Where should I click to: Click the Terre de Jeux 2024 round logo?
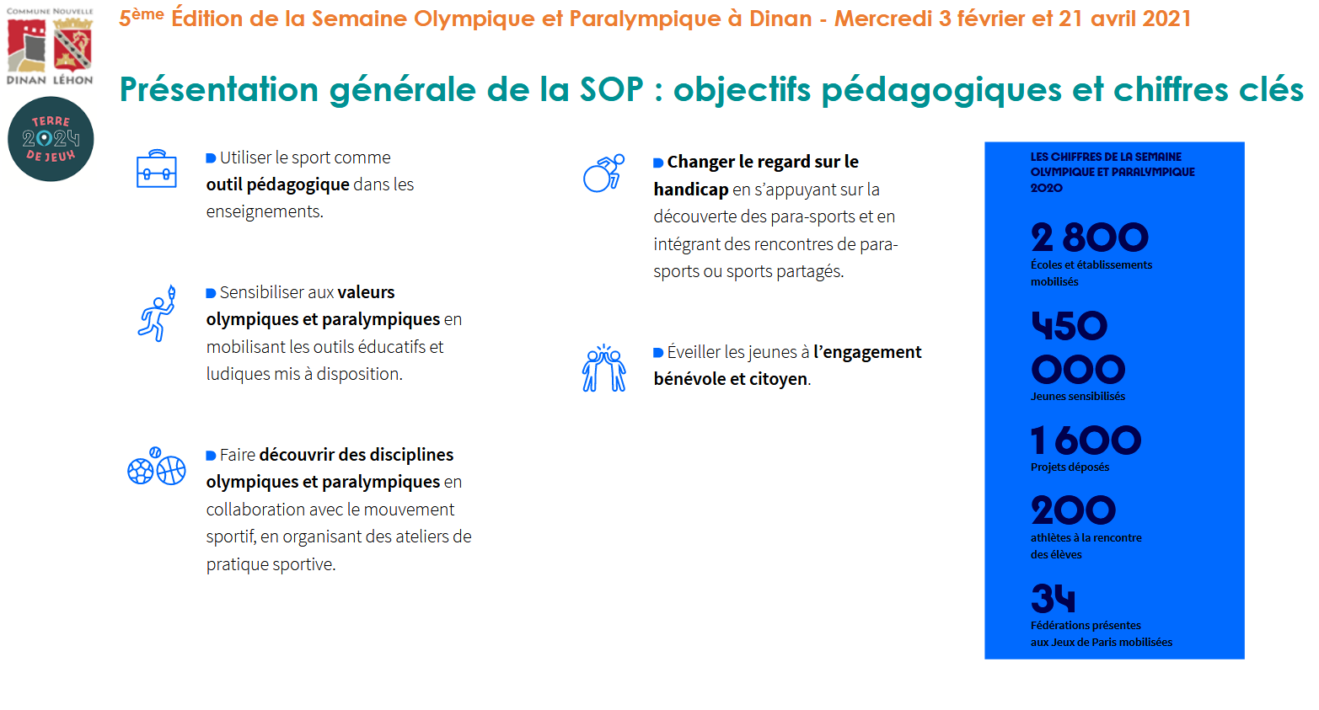click(x=51, y=139)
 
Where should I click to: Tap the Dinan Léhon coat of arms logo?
click(x=50, y=45)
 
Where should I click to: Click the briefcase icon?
click(x=156, y=168)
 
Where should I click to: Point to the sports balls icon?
click(x=157, y=466)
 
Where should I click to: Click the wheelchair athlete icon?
click(x=603, y=173)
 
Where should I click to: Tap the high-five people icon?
click(x=603, y=368)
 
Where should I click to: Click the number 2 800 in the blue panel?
click(x=1090, y=237)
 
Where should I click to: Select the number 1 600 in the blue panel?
click(x=1086, y=440)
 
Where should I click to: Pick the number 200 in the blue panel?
click(x=1073, y=510)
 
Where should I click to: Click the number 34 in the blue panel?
click(x=1053, y=598)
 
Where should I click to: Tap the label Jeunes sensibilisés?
click(x=1078, y=397)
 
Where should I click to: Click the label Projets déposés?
click(x=1070, y=467)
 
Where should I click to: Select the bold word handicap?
click(x=691, y=190)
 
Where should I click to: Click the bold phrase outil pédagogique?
click(x=277, y=184)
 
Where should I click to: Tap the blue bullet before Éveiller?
click(x=658, y=353)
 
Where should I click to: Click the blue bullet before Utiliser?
click(x=211, y=158)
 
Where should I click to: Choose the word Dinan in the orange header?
click(x=780, y=19)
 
